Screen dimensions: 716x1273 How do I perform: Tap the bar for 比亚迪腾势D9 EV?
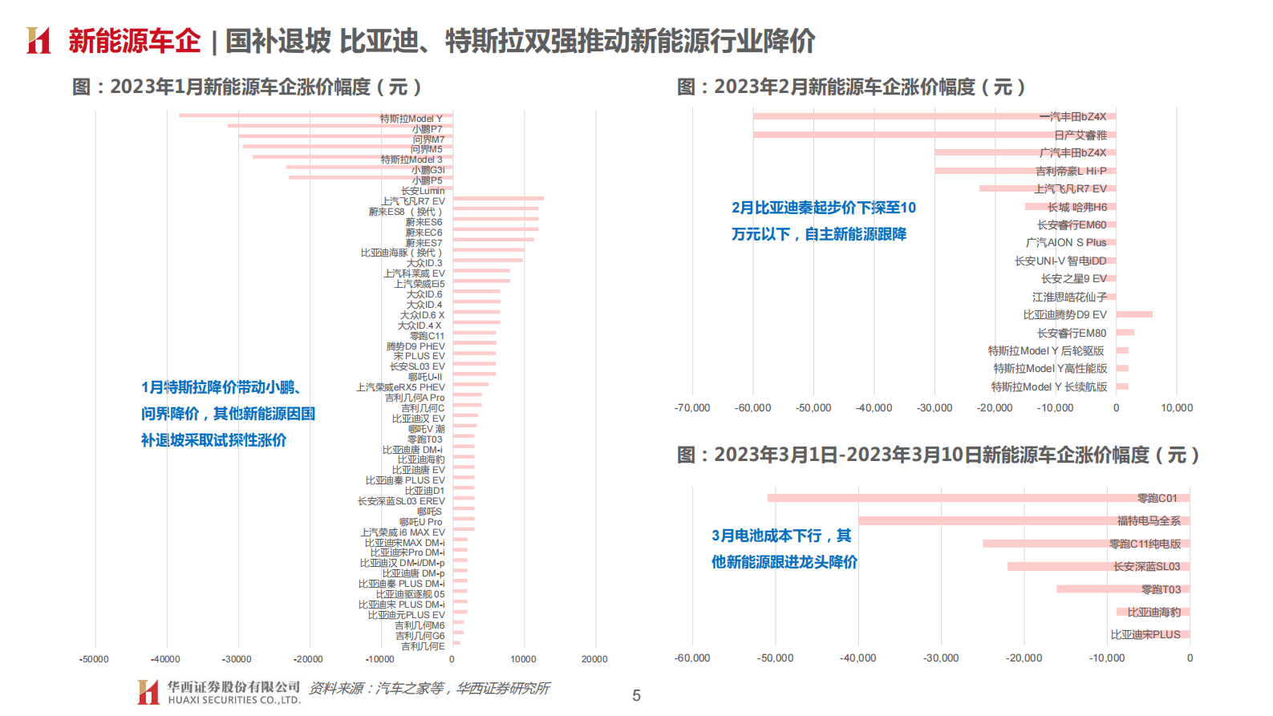point(1134,314)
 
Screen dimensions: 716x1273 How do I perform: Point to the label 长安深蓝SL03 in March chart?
point(1146,567)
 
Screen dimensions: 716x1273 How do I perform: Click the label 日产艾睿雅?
point(1080,135)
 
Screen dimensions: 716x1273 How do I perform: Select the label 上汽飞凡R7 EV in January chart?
point(413,201)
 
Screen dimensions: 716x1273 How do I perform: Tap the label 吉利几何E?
point(423,646)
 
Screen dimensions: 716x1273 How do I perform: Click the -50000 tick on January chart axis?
point(94,659)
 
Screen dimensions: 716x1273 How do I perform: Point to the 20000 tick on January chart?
point(594,659)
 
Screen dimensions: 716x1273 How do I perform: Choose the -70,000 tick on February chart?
point(692,408)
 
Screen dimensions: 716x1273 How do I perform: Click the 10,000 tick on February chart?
point(1177,408)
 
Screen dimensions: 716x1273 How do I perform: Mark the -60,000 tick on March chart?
point(692,658)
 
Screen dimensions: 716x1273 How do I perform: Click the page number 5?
point(636,696)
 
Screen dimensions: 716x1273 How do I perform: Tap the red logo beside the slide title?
point(39,41)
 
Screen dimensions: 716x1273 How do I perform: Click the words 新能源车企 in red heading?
point(134,41)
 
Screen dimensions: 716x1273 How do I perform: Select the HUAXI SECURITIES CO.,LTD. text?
point(234,700)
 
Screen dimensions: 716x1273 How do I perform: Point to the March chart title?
point(938,455)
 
